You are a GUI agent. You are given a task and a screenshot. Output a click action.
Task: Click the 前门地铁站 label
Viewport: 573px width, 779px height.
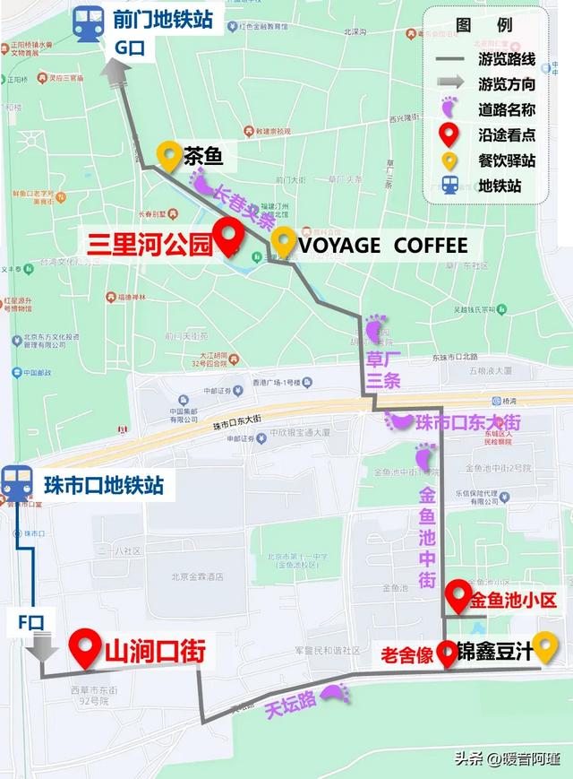coord(164,19)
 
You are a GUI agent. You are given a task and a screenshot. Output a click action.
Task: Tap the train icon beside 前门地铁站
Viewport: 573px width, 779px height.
coord(89,22)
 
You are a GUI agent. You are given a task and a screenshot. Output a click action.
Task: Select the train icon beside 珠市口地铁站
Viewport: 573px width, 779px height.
coord(17,484)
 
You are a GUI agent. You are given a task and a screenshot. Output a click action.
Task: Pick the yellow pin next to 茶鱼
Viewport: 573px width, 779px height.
coord(167,156)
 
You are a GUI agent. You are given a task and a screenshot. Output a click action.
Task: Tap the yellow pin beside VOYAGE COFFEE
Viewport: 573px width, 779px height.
coord(285,240)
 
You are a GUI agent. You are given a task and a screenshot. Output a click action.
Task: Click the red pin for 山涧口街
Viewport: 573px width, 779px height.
coord(87,647)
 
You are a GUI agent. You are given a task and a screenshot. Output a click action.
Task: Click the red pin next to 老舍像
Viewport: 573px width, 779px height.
coord(448,653)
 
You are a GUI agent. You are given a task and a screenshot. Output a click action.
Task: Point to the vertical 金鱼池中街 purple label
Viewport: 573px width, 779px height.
coord(428,538)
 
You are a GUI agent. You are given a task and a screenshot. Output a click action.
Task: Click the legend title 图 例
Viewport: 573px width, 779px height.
coord(483,25)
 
